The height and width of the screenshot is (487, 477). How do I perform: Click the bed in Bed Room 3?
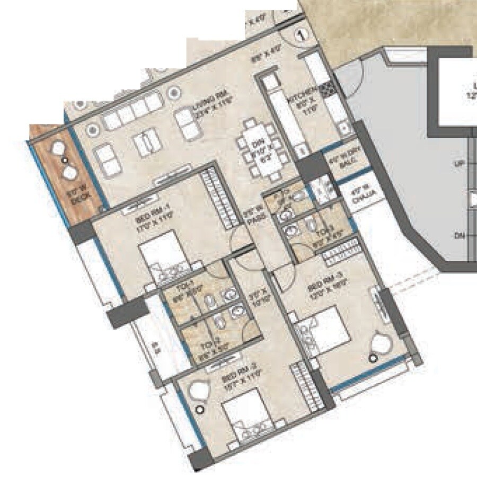324,328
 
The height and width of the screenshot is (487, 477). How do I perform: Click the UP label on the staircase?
459,165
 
